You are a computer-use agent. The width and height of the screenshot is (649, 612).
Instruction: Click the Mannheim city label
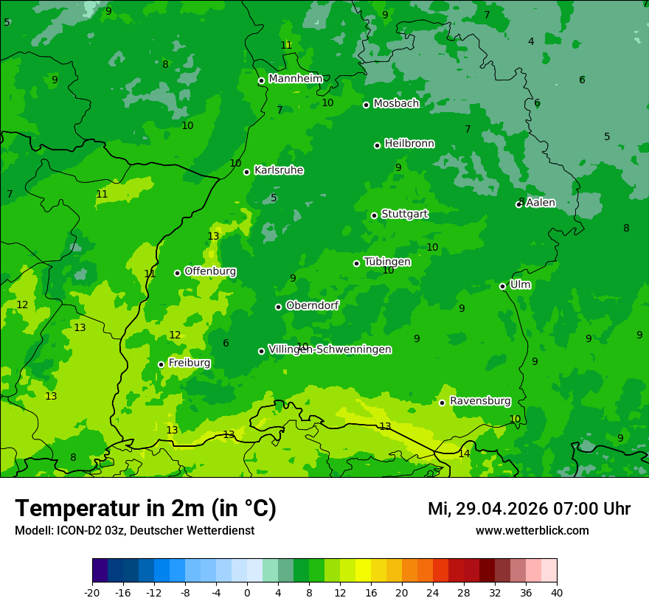click(296, 79)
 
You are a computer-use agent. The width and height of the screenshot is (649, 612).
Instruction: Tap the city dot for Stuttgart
click(375, 215)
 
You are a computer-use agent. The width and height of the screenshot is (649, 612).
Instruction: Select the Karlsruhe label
click(279, 170)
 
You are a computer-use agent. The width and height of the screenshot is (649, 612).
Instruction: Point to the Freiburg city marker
click(161, 364)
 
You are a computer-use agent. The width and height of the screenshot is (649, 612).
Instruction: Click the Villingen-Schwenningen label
click(330, 350)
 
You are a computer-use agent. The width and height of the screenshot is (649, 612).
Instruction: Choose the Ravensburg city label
click(480, 401)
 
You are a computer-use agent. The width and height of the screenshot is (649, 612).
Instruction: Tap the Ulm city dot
click(503, 286)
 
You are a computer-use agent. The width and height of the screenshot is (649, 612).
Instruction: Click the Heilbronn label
click(409, 144)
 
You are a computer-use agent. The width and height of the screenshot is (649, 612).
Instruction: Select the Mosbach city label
click(396, 104)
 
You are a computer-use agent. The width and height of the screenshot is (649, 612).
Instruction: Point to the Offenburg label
click(210, 271)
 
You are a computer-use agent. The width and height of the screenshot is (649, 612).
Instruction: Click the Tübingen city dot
click(357, 263)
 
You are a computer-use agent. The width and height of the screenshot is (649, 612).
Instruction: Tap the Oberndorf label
click(313, 305)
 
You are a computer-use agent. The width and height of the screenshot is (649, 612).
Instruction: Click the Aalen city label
click(541, 203)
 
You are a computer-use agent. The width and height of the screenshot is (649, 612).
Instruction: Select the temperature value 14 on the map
click(464, 453)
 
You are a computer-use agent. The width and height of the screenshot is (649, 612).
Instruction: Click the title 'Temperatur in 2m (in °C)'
click(145, 508)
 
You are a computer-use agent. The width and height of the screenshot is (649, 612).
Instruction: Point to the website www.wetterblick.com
click(532, 531)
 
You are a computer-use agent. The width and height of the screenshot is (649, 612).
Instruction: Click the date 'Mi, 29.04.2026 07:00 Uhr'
click(529, 509)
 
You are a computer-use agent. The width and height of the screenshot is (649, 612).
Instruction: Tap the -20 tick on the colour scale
click(92, 593)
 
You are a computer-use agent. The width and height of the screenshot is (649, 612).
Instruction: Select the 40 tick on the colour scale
click(557, 593)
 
